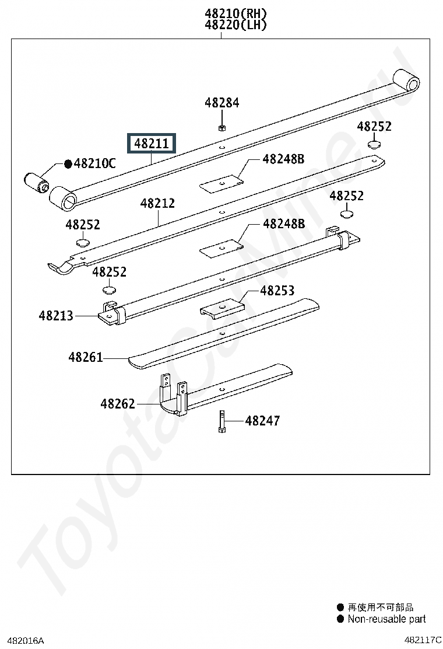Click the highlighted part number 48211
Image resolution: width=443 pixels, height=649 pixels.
[x=151, y=143]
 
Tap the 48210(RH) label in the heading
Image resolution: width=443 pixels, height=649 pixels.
[x=235, y=13]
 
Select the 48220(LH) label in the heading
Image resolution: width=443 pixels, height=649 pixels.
[x=235, y=25]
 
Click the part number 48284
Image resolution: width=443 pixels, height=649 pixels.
[x=222, y=103]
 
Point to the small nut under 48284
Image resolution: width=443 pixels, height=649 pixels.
[x=221, y=128]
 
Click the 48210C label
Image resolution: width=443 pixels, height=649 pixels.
[x=94, y=163]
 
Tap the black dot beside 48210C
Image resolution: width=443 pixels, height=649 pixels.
[x=68, y=164]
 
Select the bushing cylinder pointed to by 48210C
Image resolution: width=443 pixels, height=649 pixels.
[x=36, y=183]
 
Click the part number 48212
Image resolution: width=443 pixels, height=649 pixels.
[x=157, y=203]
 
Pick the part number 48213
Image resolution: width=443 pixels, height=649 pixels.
[x=56, y=316]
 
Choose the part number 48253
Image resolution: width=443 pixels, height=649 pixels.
[x=277, y=291]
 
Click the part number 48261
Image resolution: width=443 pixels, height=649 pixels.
[x=86, y=357]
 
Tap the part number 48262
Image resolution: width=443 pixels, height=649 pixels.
[x=118, y=403]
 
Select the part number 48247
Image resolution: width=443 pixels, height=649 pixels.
[x=262, y=421]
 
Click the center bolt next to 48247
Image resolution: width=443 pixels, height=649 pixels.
[x=221, y=421]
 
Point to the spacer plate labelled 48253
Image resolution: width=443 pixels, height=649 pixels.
[x=222, y=309]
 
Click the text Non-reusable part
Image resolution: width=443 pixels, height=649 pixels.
[x=387, y=619]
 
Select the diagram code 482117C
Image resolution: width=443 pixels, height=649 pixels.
[x=423, y=640]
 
